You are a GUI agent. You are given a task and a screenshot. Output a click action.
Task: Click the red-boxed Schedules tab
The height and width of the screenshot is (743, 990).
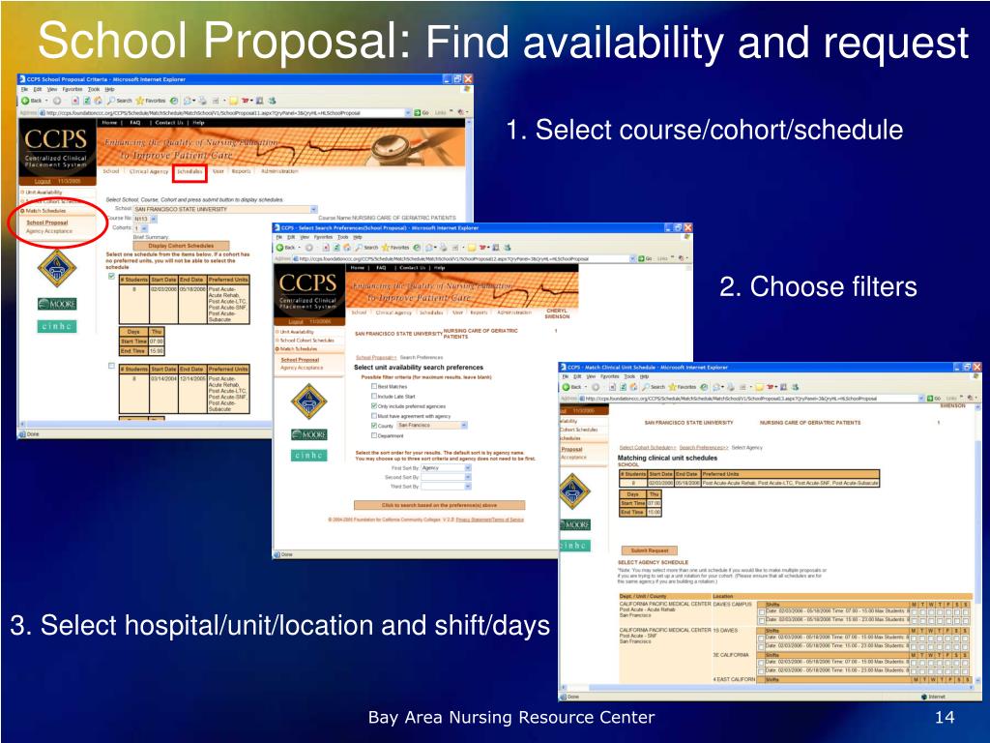point(189,172)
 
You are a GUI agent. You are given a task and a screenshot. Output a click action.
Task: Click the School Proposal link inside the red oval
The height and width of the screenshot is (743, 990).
point(47,222)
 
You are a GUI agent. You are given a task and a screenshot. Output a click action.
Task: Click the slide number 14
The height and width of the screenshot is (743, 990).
point(945,717)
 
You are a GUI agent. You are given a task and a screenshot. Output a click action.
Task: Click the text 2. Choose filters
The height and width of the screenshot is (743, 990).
point(818,287)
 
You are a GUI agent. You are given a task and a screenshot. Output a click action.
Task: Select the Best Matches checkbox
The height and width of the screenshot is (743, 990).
point(375,386)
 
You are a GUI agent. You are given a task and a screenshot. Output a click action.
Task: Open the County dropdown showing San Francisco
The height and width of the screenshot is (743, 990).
point(425,425)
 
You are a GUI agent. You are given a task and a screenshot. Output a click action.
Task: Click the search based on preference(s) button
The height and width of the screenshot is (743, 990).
point(440,505)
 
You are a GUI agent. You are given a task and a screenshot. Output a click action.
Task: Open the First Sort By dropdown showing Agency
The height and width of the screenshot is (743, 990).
point(446,467)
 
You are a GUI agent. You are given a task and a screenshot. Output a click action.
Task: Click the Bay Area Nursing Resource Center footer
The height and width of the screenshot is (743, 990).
point(511,717)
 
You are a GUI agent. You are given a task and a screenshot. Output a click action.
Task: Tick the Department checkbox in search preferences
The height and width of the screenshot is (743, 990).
point(375,435)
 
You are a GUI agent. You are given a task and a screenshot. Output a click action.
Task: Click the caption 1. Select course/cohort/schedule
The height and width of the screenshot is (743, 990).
point(704,130)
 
